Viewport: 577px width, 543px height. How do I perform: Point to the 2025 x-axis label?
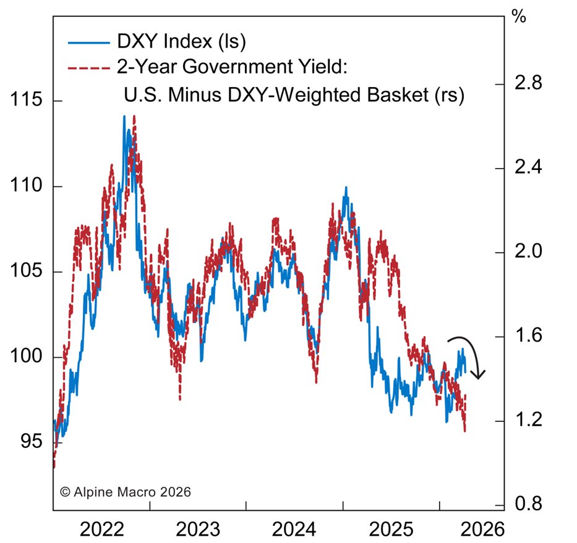point(391,529)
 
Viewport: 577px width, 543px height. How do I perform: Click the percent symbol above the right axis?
point(519,17)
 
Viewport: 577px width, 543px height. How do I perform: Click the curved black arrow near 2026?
point(470,355)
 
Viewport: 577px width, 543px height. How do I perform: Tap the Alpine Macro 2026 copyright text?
point(126,492)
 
